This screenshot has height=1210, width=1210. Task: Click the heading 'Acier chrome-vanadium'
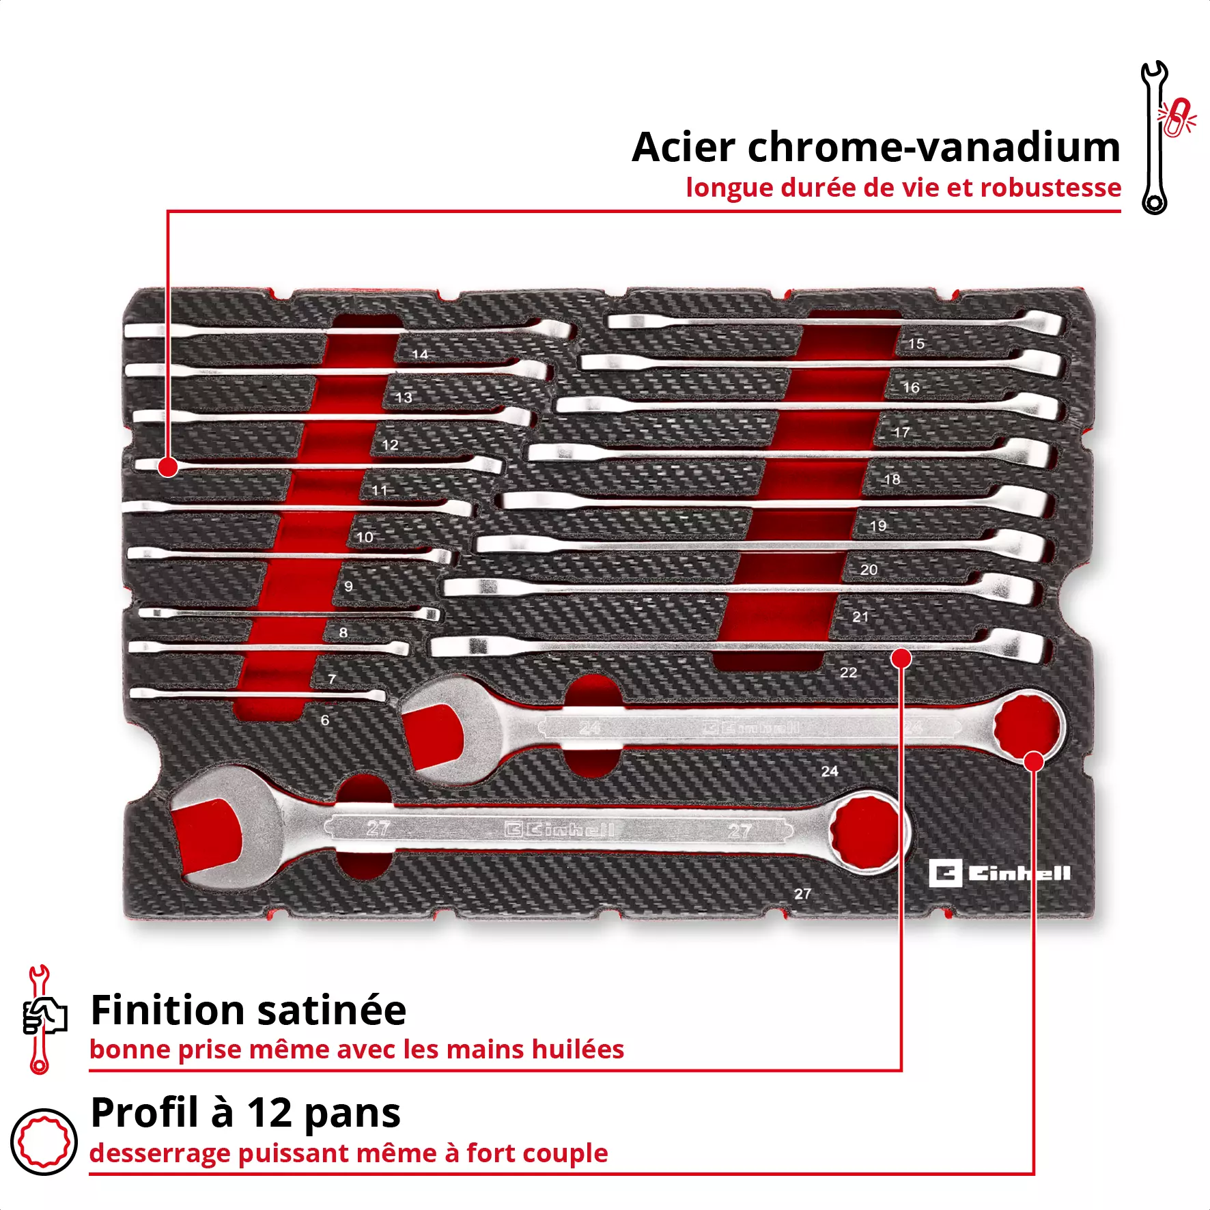[875, 147]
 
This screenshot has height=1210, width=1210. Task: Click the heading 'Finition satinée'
[249, 1010]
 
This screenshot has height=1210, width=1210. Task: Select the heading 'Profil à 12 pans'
[246, 1112]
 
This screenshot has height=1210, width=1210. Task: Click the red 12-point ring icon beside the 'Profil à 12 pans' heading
[44, 1141]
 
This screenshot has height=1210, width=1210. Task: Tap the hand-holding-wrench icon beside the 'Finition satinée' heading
[42, 1018]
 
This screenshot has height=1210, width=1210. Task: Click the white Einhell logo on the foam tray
[999, 873]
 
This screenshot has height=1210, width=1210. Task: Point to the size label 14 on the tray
[420, 354]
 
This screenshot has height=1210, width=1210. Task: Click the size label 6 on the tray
[325, 720]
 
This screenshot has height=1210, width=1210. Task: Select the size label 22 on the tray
[848, 673]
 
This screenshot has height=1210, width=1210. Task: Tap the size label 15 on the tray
[916, 343]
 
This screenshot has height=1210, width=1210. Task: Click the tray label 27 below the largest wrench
[802, 894]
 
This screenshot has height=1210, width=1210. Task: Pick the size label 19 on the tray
[878, 526]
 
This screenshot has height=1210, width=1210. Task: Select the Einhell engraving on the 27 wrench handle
[560, 830]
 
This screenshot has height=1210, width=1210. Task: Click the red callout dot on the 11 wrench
[167, 467]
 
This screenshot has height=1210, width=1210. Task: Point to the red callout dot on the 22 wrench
[901, 658]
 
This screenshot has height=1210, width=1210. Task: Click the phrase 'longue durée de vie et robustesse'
[903, 188]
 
